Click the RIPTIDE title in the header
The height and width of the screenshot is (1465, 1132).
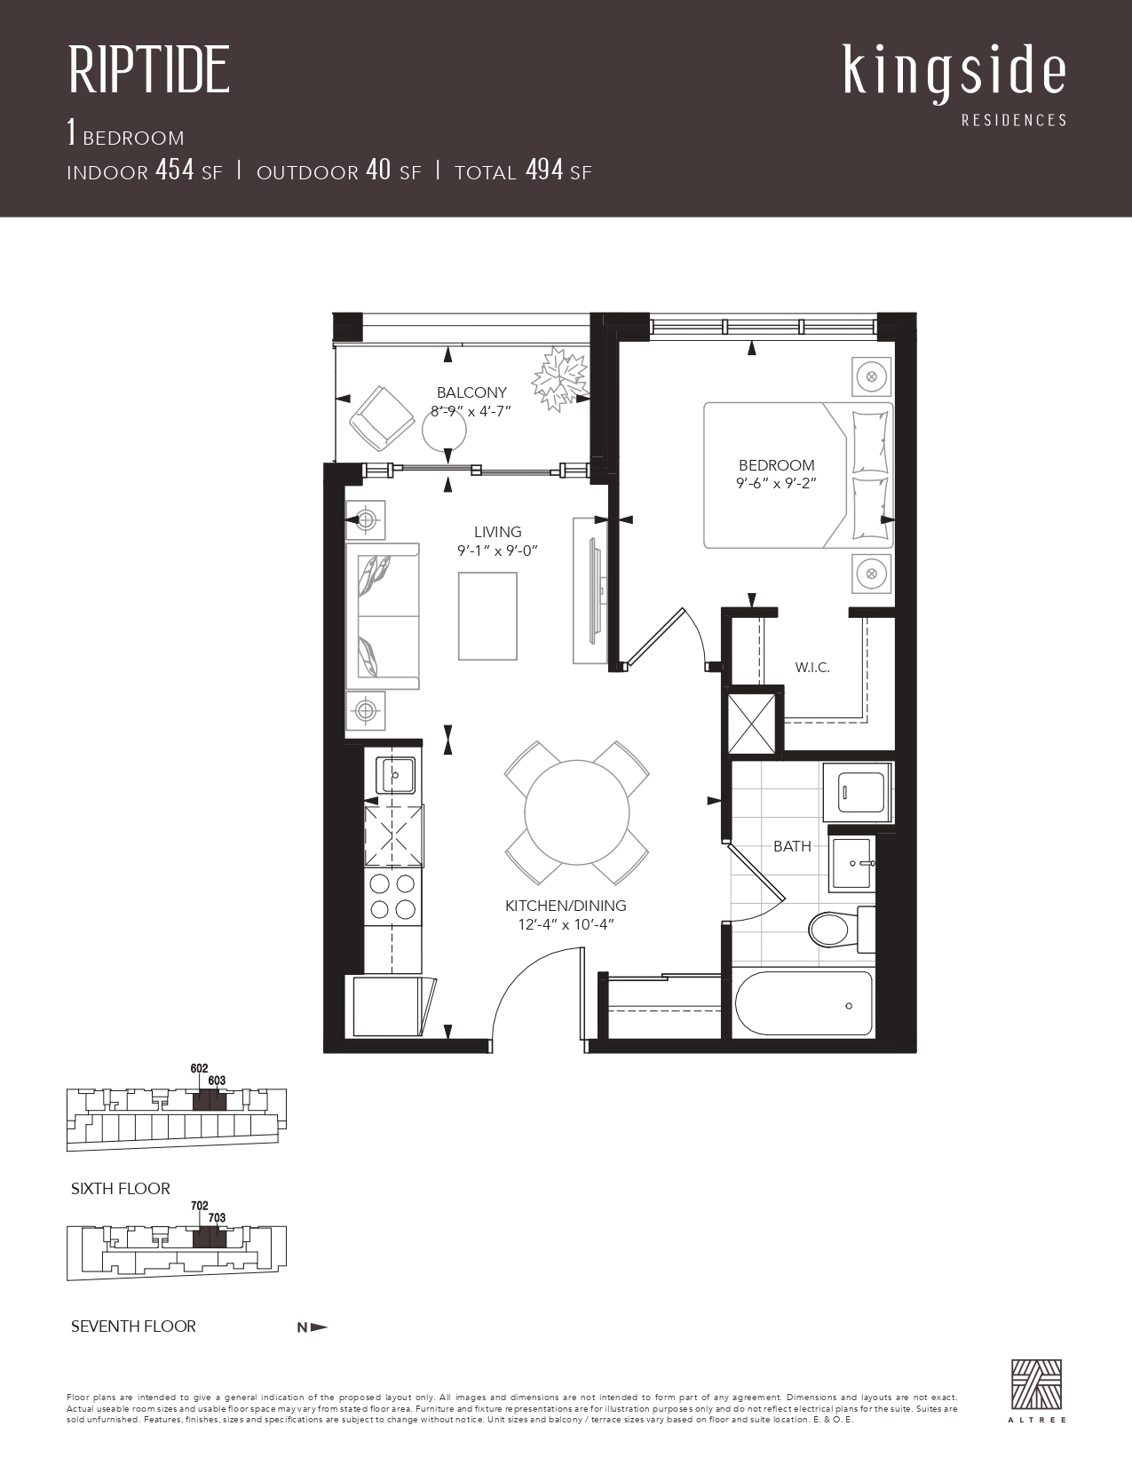pyautogui.click(x=149, y=69)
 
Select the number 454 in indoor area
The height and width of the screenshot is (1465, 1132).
pyautogui.click(x=175, y=170)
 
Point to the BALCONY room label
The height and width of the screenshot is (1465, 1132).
pyautogui.click(x=471, y=392)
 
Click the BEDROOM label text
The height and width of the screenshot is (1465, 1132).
pyautogui.click(x=777, y=465)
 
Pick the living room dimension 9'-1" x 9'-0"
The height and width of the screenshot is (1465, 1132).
pyautogui.click(x=497, y=550)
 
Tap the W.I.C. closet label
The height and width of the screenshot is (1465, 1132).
pyautogui.click(x=811, y=668)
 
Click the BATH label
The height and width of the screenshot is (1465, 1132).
pyautogui.click(x=792, y=846)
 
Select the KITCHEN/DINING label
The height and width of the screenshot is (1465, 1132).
pyautogui.click(x=566, y=906)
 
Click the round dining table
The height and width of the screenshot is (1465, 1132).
pyautogui.click(x=577, y=812)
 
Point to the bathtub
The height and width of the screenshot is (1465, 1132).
pyautogui.click(x=804, y=1005)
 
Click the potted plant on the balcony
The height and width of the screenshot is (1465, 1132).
pyautogui.click(x=558, y=378)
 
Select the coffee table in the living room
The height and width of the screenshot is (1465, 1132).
pyautogui.click(x=487, y=616)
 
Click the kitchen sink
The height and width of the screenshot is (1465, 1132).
pyautogui.click(x=395, y=774)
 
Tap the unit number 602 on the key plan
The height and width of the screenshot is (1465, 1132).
pyautogui.click(x=199, y=1069)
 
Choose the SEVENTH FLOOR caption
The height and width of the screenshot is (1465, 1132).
pyautogui.click(x=133, y=1326)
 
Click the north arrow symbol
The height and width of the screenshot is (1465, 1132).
pyautogui.click(x=313, y=1327)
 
